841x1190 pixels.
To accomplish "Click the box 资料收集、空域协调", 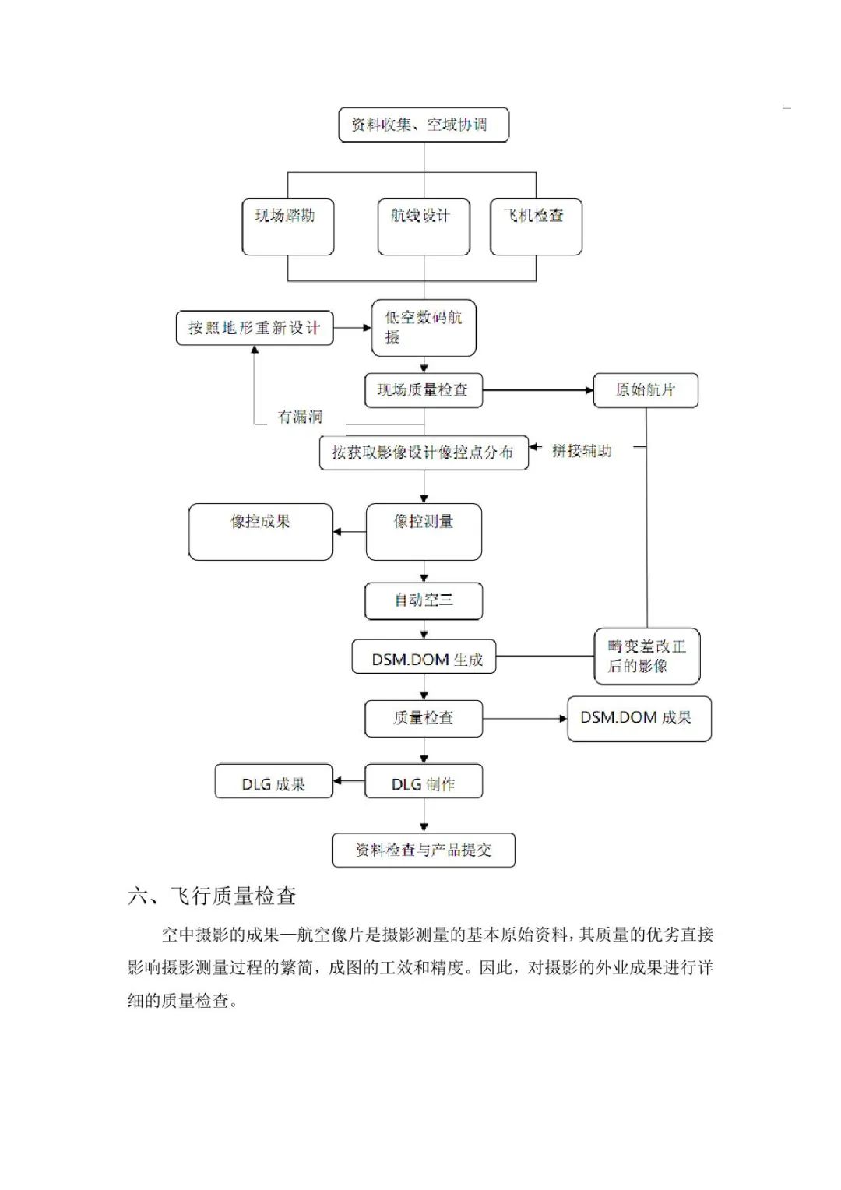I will pyautogui.click(x=424, y=125).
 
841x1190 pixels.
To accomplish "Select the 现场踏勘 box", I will pyautogui.click(x=288, y=227).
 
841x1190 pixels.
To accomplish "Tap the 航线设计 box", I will pyautogui.click(x=424, y=227).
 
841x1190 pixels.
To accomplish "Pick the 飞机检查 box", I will pyautogui.click(x=536, y=227).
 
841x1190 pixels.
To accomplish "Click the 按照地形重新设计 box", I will pyautogui.click(x=255, y=328).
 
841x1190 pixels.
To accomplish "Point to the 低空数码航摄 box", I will pyautogui.click(x=424, y=328).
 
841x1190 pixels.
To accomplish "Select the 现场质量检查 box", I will pyautogui.click(x=424, y=390).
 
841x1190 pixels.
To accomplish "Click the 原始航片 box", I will pyautogui.click(x=646, y=390).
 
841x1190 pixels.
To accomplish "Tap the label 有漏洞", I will pyautogui.click(x=300, y=417).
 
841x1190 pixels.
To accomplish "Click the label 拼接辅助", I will pyautogui.click(x=582, y=451).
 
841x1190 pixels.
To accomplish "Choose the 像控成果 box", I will pyautogui.click(x=260, y=532).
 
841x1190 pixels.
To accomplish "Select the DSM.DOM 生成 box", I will pyautogui.click(x=424, y=659).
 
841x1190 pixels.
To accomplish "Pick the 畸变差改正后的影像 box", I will pyautogui.click(x=647, y=657).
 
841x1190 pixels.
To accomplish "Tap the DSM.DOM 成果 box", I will pyautogui.click(x=639, y=718).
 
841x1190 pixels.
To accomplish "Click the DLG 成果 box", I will pyautogui.click(x=273, y=783).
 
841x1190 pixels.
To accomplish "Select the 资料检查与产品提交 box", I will pyautogui.click(x=424, y=850).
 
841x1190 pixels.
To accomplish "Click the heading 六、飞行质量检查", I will pyautogui.click(x=212, y=896).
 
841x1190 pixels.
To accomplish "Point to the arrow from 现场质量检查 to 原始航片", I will pyautogui.click(x=537, y=390).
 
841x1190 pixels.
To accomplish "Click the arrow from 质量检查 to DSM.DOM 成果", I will pyautogui.click(x=525, y=718).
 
